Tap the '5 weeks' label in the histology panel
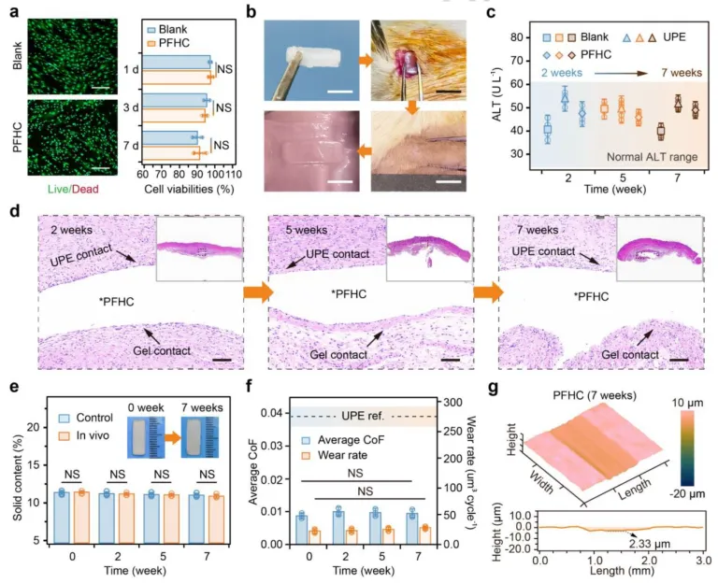299,228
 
